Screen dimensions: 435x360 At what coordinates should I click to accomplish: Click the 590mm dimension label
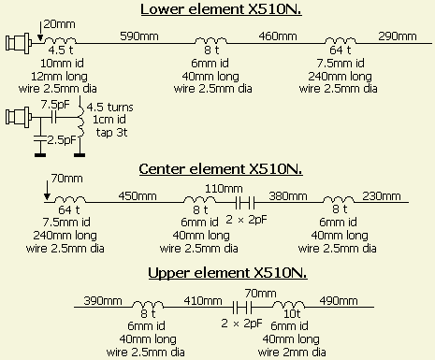point(139,36)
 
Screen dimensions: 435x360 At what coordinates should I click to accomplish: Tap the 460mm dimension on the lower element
point(278,36)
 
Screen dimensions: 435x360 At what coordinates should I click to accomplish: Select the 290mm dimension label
point(398,36)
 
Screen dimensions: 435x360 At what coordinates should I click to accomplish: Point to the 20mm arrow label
point(59,24)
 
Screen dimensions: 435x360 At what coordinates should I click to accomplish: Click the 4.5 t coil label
point(61,50)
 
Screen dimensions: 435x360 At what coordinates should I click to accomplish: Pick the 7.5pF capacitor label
point(55,105)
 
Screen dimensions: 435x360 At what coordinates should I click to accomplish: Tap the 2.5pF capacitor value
point(62,140)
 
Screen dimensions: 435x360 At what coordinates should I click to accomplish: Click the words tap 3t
point(111,133)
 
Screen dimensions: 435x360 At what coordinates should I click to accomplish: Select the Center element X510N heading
point(221,169)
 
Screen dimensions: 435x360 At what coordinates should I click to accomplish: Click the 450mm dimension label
point(138,196)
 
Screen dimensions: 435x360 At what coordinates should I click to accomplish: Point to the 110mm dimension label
point(224,188)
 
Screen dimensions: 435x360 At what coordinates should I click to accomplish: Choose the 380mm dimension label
point(288,196)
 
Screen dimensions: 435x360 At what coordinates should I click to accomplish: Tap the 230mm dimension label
point(382,196)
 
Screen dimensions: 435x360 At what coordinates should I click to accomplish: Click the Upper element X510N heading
point(227,273)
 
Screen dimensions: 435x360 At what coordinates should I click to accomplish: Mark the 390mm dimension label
point(103,301)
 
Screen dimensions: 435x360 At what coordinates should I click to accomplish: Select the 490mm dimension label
point(339,301)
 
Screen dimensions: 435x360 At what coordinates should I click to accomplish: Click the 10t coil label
point(292,313)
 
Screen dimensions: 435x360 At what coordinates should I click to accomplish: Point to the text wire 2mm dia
point(292,353)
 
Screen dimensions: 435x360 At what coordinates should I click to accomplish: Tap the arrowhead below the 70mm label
point(47,196)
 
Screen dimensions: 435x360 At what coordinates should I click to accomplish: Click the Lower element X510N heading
point(221,9)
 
